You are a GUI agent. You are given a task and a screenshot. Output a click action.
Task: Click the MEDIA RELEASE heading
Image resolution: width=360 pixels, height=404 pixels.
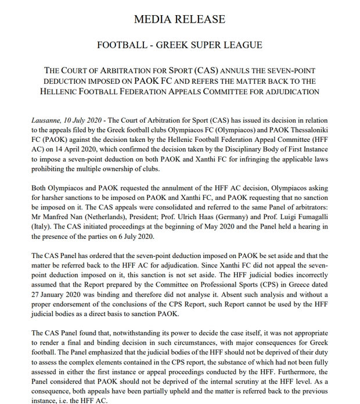click(x=179, y=20)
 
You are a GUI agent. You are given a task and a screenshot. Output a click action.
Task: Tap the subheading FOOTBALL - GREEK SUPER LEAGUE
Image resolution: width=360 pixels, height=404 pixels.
click(x=179, y=45)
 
